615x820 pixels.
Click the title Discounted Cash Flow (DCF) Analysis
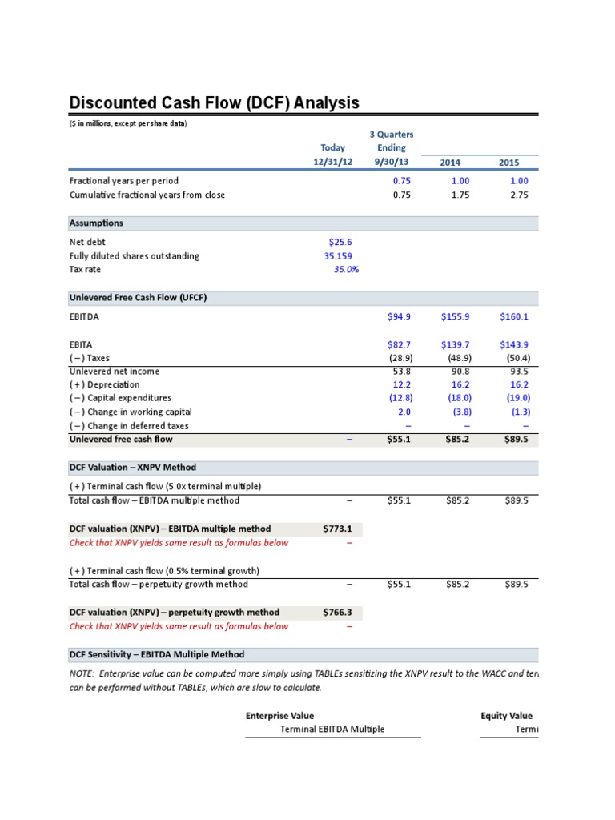coord(214,103)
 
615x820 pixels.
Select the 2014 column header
coord(450,163)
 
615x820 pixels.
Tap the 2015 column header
coord(508,163)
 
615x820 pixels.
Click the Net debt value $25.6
coord(340,241)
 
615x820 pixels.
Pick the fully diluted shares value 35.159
coord(336,255)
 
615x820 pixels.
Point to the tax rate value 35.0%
coord(346,270)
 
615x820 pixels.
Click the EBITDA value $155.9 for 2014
coord(455,316)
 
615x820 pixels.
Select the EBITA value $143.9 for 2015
coord(513,344)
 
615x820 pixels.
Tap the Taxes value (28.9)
coord(400,358)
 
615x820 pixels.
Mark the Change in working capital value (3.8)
coord(459,412)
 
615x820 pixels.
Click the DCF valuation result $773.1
coord(337,529)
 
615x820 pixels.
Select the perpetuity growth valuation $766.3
coord(337,613)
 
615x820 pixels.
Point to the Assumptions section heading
coord(96,223)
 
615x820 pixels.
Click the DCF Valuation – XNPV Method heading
coord(133,467)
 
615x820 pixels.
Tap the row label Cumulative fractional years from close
coord(147,195)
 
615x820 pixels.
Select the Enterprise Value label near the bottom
coord(279,716)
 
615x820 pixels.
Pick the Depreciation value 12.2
coord(400,384)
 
